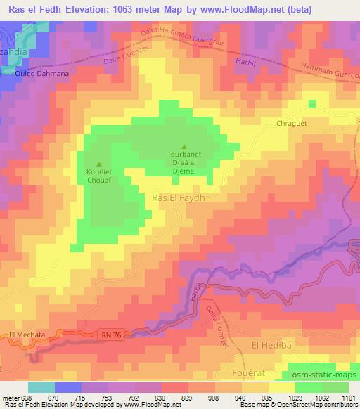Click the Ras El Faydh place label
[x=179, y=199]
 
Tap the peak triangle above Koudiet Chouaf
[x=98, y=164]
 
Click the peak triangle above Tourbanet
[x=184, y=146]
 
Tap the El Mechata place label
[x=27, y=335]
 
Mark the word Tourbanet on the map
[x=184, y=155]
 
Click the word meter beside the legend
[x=11, y=397]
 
